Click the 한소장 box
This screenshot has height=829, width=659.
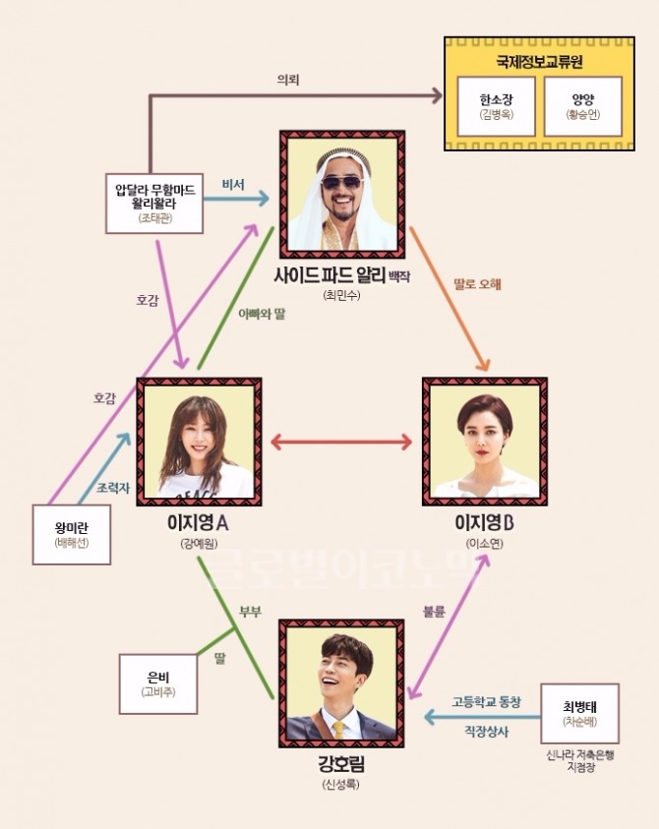pyautogui.click(x=498, y=107)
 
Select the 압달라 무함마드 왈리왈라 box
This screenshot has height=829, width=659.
pyautogui.click(x=154, y=204)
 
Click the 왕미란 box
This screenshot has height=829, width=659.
pyautogui.click(x=72, y=535)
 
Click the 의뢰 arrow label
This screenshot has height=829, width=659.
pyautogui.click(x=288, y=79)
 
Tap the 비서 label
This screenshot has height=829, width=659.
pyautogui.click(x=233, y=184)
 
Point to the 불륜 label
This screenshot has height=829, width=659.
pyautogui.click(x=433, y=611)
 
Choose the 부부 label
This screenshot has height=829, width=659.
pyautogui.click(x=250, y=611)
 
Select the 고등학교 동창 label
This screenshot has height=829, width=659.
pyautogui.click(x=486, y=702)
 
